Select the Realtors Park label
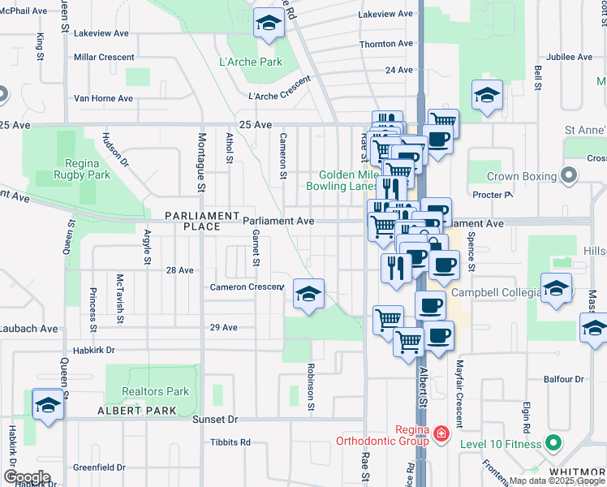(155, 391)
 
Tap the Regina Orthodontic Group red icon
(441, 435)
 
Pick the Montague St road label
(202, 162)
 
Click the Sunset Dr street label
(215, 420)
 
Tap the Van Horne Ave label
(103, 98)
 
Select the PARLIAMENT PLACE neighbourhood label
(192, 221)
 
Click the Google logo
(27, 477)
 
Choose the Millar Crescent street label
(103, 58)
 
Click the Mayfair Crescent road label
(458, 394)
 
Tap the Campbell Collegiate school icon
(556, 289)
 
